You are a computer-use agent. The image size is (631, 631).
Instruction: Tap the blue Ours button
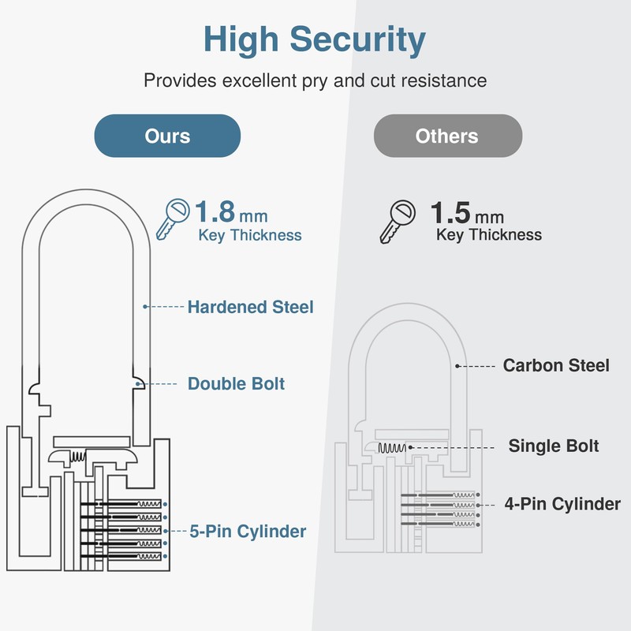pos(167,136)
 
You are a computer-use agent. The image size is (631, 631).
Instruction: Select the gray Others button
pos(447,136)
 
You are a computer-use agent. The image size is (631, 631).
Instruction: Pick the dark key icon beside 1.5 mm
pos(398,220)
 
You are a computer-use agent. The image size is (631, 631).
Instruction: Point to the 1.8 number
pos(215,213)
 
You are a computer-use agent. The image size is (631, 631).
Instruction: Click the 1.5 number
pos(450,213)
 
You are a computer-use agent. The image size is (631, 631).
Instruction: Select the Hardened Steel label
pos(250,307)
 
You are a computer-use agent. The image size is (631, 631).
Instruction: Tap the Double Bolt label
pos(236,384)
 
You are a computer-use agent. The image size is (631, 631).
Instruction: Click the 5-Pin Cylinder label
pos(248,531)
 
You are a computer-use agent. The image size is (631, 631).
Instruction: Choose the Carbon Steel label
pos(556,365)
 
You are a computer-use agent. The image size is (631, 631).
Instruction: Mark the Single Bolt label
pos(553,446)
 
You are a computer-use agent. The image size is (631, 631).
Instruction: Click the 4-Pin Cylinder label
pos(562,503)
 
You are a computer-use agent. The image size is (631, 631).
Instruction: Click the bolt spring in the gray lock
pos(392,448)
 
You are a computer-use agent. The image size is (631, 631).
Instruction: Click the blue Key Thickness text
pos(249,235)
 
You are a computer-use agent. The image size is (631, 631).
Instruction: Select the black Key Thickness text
pos(488,235)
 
